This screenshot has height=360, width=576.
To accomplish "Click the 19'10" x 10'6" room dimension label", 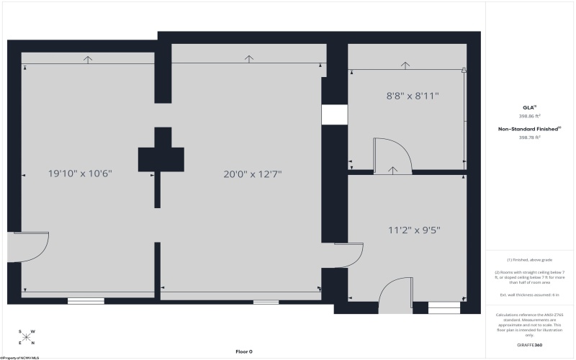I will [80, 174].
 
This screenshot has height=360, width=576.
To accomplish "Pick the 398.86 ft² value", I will [529, 116].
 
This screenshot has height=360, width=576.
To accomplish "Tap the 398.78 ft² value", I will [529, 138].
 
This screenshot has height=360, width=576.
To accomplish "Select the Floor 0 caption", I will [244, 351].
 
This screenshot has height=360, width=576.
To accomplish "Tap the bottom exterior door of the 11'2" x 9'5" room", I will [395, 296].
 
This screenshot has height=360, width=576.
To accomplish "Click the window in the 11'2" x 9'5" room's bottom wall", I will [444, 307].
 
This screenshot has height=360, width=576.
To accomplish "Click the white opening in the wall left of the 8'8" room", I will [334, 115].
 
